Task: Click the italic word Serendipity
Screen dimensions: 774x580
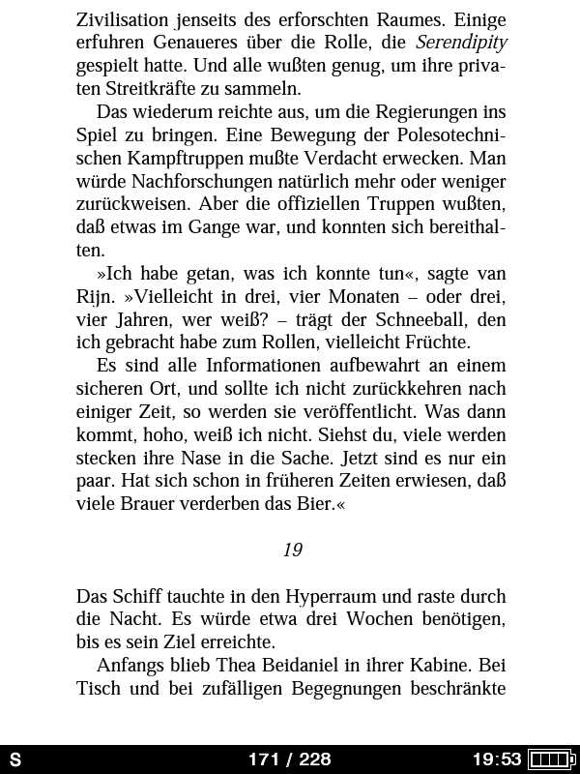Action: coord(461,44)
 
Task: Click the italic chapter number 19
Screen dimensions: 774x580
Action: coord(293,550)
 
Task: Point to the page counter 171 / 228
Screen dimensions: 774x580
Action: coord(289,759)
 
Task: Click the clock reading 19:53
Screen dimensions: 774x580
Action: coord(496,759)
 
